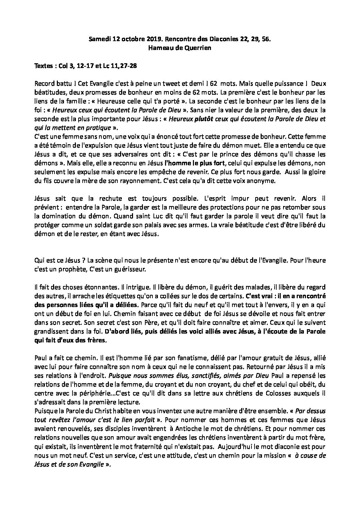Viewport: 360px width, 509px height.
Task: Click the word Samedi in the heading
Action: click(100, 39)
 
